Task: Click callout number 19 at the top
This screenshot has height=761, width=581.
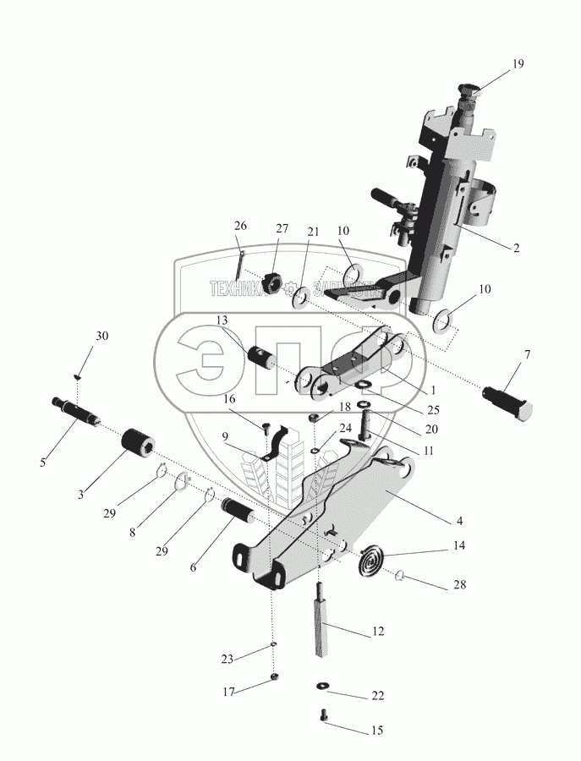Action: tap(518, 63)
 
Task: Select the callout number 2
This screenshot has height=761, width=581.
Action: tap(515, 249)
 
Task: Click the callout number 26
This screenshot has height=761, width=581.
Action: tap(241, 226)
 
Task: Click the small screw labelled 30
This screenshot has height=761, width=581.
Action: tap(77, 375)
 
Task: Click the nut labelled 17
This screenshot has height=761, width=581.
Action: tap(274, 676)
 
